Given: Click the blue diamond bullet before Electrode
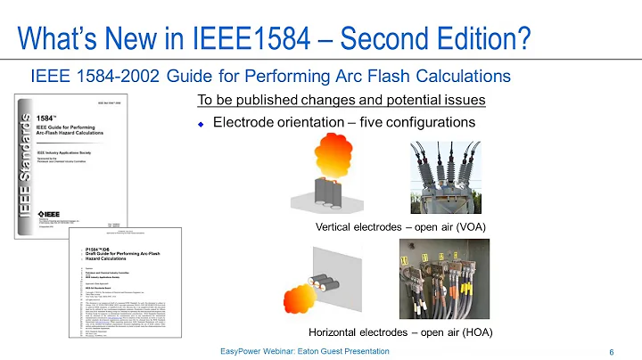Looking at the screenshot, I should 202,123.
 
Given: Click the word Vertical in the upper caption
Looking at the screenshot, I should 337,226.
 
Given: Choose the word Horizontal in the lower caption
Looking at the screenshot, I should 343,331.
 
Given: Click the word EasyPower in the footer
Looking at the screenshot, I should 241,352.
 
